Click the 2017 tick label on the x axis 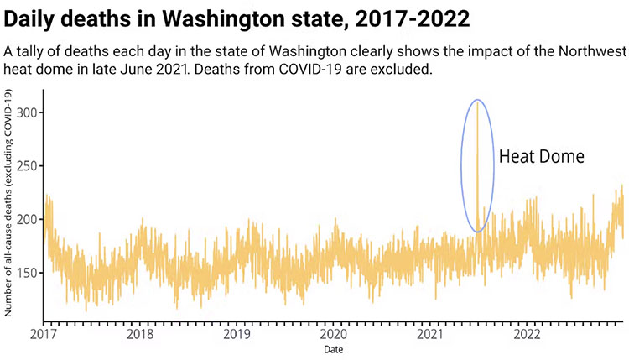[44, 334]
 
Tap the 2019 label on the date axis [237, 334]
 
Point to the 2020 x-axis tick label [334, 334]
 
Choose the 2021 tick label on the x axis [431, 334]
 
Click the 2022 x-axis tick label [528, 334]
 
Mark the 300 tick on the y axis [26, 112]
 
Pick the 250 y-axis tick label [26, 166]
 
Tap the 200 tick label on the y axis [26, 220]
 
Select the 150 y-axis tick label [26, 274]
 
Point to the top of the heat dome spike [477, 102]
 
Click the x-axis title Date [334, 348]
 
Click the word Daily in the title [37, 17]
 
